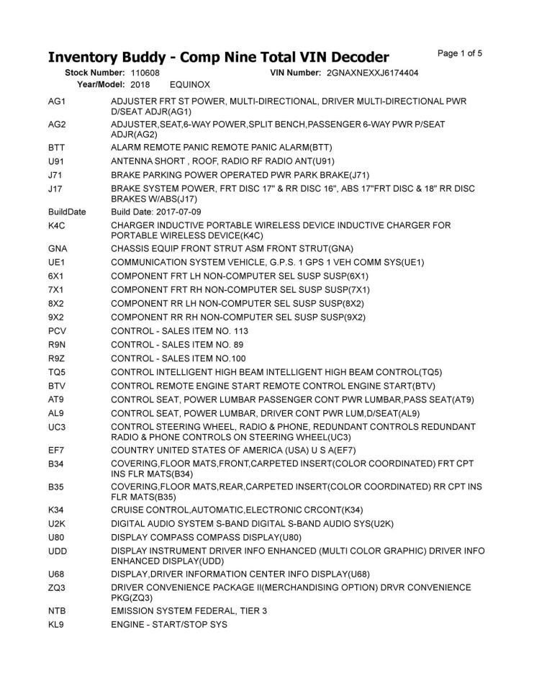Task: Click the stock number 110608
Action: tap(145, 73)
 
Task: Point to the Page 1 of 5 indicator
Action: tap(460, 53)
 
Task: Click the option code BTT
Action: tap(57, 147)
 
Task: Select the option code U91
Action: tap(57, 161)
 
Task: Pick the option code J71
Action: tap(56, 175)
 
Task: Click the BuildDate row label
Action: tap(67, 212)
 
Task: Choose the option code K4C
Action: tap(57, 226)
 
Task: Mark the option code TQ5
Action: tap(58, 372)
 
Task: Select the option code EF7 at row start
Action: tap(57, 451)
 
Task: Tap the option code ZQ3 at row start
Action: tap(58, 587)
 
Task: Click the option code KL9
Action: tap(57, 625)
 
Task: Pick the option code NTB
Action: tap(58, 611)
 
